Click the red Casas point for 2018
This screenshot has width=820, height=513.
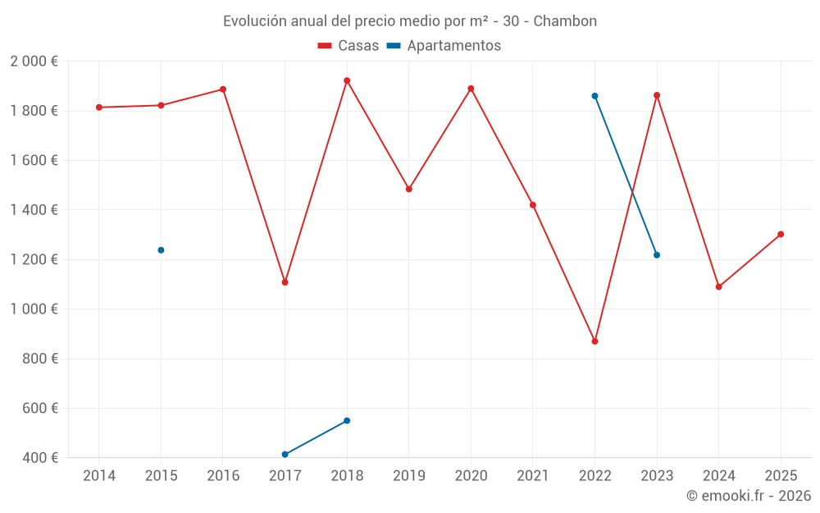click(x=347, y=80)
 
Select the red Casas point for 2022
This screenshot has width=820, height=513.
click(x=594, y=341)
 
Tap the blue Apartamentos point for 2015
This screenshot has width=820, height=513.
click(x=161, y=250)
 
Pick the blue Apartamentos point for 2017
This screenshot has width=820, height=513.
click(x=285, y=454)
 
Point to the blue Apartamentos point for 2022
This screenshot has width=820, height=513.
click(x=594, y=96)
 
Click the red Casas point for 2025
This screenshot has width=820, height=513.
click(x=781, y=234)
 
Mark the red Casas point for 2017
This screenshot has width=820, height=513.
click(x=285, y=282)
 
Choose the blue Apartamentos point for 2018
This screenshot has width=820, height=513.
click(x=347, y=420)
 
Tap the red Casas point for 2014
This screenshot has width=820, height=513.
click(x=99, y=108)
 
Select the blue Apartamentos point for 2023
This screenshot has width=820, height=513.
click(x=657, y=255)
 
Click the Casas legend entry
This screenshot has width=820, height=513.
click(x=348, y=46)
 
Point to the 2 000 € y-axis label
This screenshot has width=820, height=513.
click(x=34, y=62)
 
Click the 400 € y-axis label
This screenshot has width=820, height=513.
click(x=39, y=458)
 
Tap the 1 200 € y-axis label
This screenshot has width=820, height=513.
click(x=34, y=259)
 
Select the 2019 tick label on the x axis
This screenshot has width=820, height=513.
click(x=408, y=476)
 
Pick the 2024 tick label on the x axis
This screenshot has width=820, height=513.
click(x=718, y=476)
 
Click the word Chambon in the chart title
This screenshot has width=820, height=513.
click(x=565, y=21)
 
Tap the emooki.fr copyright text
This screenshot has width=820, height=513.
click(x=749, y=496)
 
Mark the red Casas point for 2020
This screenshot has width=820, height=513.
click(x=471, y=89)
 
